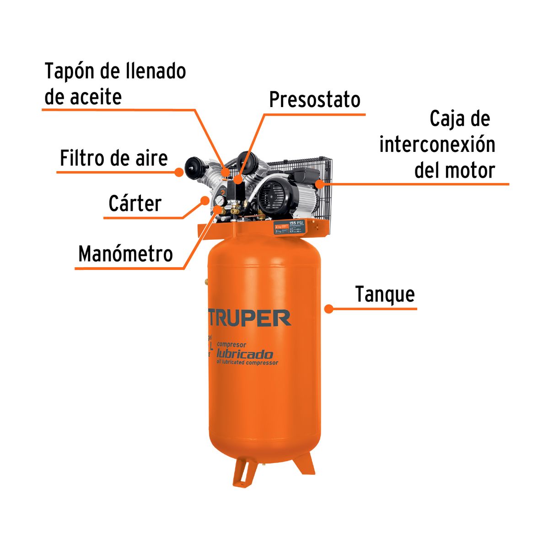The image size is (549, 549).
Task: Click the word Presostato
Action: [x=314, y=100]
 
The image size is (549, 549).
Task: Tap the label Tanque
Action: [x=385, y=294]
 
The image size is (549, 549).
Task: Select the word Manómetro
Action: [x=125, y=254]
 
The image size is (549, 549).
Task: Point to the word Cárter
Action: [x=135, y=204]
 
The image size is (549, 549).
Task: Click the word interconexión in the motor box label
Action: [x=437, y=145]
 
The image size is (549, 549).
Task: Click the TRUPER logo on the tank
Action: [x=250, y=318]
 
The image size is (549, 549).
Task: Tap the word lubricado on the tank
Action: [x=244, y=354]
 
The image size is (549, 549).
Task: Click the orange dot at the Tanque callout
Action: [x=328, y=309]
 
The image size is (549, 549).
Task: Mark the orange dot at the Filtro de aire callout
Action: [x=179, y=172]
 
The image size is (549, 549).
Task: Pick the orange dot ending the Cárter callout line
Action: [x=205, y=200]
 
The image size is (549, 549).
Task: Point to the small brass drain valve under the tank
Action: [x=264, y=465]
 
